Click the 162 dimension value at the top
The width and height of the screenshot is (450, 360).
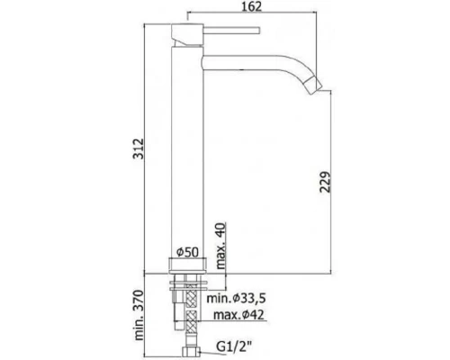pos(252,6)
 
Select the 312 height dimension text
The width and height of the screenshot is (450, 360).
pos(139,148)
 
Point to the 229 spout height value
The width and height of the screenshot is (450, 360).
pos(325,182)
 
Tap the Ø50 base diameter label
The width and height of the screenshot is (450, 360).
pos(187,252)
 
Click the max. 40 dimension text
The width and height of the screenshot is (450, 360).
pos(221,246)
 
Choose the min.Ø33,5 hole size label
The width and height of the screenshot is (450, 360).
pos(237,298)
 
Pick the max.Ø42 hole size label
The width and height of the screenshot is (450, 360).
pos(238,315)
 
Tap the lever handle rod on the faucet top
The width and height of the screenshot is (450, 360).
pos(231,31)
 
